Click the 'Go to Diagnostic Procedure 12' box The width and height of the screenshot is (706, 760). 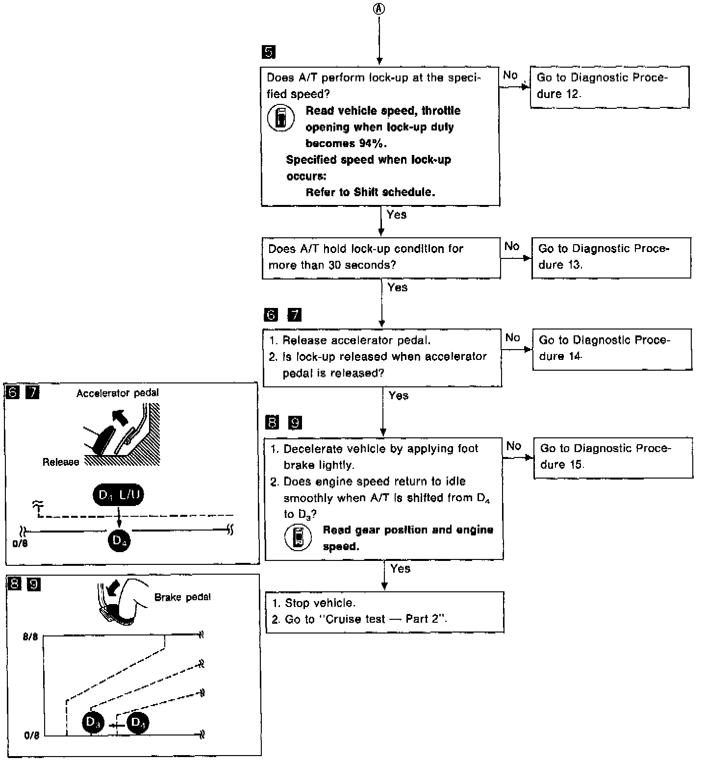[609, 87]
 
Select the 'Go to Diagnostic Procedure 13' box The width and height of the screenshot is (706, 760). [611, 258]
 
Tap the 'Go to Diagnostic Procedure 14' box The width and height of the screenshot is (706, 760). [612, 349]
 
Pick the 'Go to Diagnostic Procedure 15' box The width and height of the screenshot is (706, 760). [613, 457]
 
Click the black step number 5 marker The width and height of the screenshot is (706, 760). [269, 52]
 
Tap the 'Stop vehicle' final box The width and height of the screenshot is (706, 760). [384, 612]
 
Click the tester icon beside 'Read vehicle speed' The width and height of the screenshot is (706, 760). [281, 119]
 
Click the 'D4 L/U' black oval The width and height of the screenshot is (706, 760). [119, 495]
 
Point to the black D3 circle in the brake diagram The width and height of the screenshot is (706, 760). [93, 722]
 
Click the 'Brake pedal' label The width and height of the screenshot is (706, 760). [182, 597]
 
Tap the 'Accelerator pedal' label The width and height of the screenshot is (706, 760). [118, 393]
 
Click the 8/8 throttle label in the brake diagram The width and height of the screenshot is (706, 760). [30, 637]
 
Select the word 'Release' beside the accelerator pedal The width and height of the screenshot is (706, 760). [61, 462]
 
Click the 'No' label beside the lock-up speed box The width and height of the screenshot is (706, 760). [510, 75]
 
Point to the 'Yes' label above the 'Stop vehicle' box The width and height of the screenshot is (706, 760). [401, 569]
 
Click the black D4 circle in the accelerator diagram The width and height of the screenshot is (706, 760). [119, 540]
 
